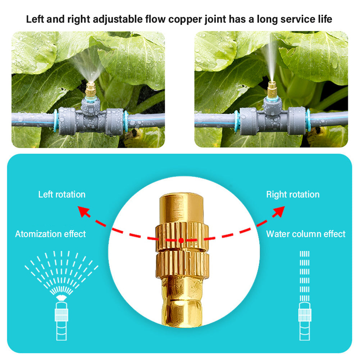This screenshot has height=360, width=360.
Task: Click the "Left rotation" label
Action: click(x=62, y=195)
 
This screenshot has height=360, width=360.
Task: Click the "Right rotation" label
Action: click(x=293, y=195)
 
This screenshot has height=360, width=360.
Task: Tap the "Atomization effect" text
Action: click(x=50, y=234)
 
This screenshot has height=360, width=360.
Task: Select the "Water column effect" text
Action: click(x=306, y=234)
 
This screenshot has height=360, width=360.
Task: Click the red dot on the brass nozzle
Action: click(x=181, y=240)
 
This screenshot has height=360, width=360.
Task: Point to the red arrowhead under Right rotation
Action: click(x=278, y=212)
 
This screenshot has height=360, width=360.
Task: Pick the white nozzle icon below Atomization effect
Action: click(x=61, y=316)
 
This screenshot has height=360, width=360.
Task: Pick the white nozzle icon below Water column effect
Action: click(x=304, y=316)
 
